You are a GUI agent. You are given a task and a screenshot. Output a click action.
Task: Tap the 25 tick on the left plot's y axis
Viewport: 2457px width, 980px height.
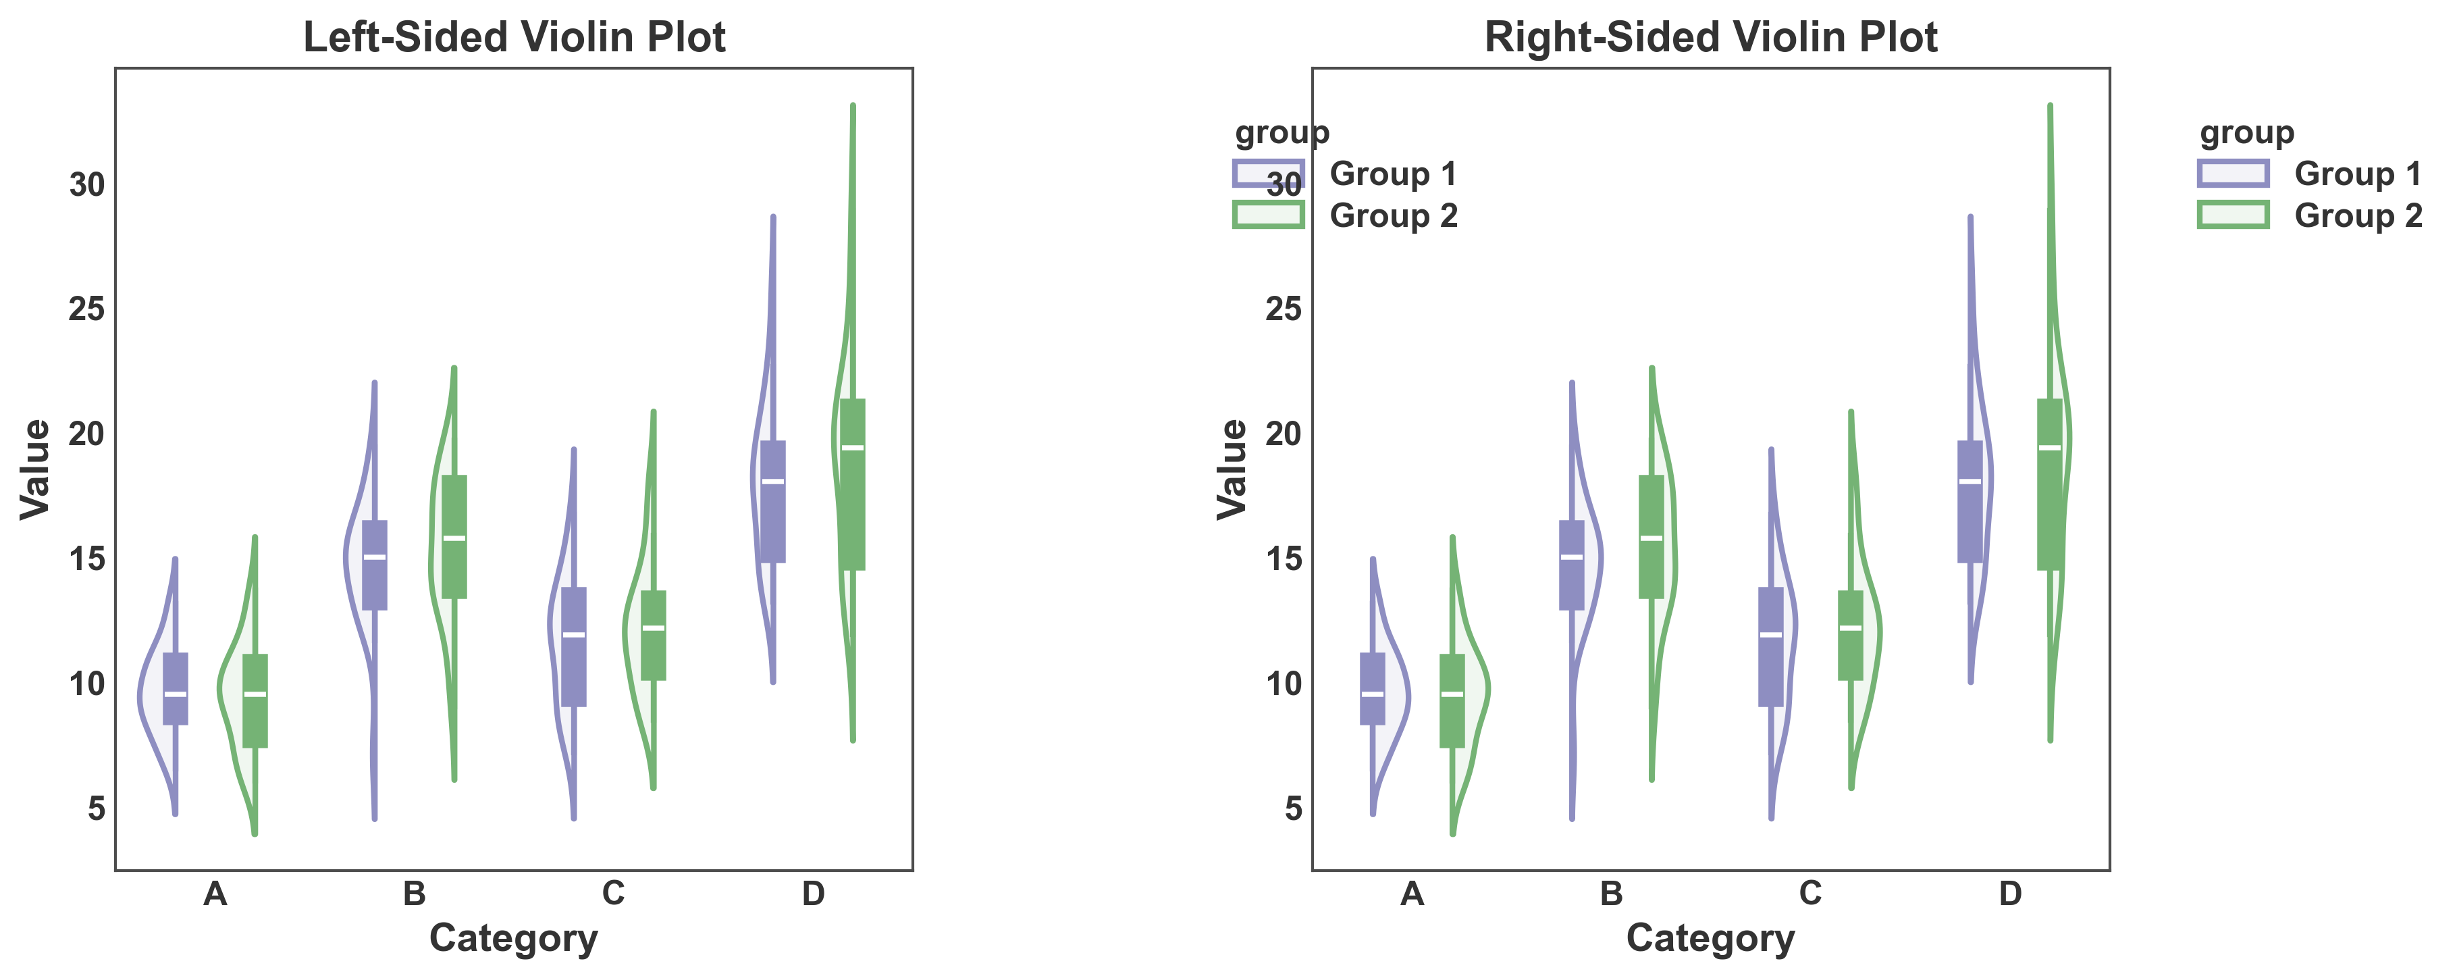[x=87, y=309]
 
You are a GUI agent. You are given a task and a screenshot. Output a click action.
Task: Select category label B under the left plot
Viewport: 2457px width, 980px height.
[x=414, y=894]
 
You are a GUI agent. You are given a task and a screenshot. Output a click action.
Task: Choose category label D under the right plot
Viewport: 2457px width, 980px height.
[x=2009, y=894]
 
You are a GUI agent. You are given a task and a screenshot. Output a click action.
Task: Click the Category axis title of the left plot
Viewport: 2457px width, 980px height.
[x=513, y=938]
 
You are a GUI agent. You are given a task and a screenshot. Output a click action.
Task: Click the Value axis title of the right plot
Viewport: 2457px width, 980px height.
[x=1232, y=469]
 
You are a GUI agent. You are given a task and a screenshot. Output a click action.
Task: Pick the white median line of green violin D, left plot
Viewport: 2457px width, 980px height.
[x=853, y=448]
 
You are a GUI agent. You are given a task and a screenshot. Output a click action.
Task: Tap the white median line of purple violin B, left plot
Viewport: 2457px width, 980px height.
[x=375, y=557]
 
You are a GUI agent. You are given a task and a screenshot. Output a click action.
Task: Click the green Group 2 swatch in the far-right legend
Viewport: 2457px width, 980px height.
[x=2233, y=215]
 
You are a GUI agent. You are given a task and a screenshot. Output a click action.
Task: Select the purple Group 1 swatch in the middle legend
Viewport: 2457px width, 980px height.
[x=1267, y=174]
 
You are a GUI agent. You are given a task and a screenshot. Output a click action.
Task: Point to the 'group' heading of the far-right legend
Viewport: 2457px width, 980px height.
[x=2246, y=132]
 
